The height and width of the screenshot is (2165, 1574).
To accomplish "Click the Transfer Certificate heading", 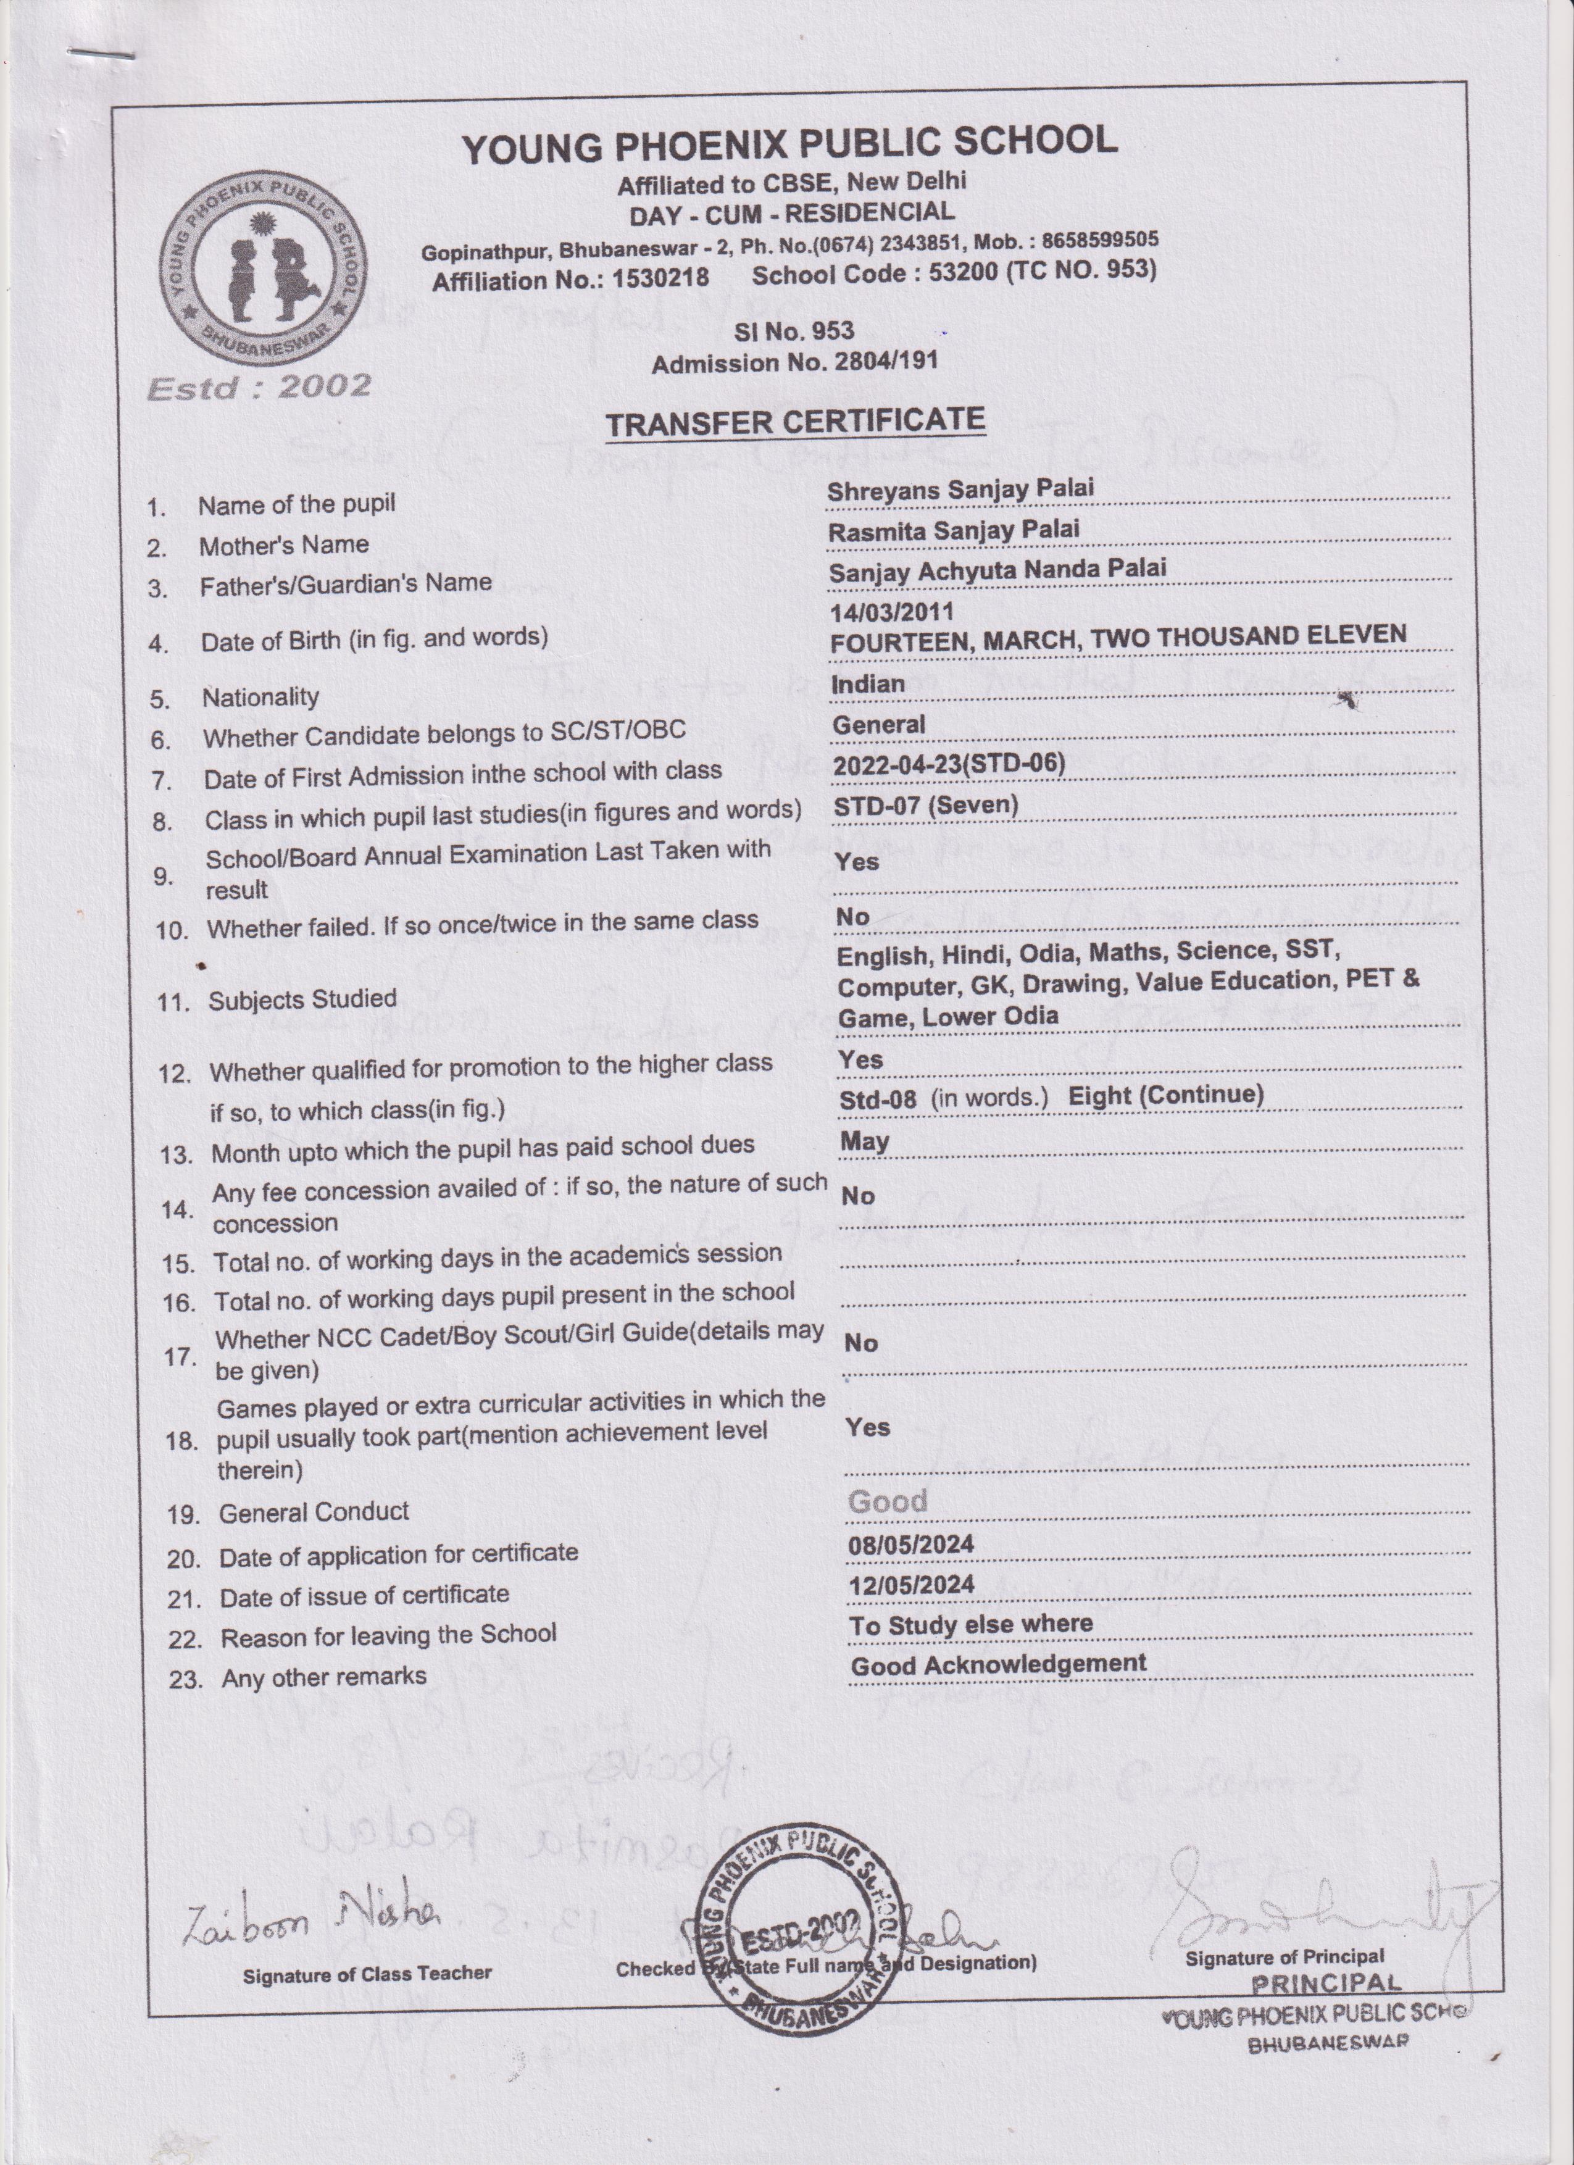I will click(x=795, y=422).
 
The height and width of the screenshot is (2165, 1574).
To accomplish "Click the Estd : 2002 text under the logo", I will click(x=259, y=386).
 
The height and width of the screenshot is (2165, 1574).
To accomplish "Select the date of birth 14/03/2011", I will click(x=891, y=611).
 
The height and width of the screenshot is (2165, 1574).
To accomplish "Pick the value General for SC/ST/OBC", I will click(x=878, y=725).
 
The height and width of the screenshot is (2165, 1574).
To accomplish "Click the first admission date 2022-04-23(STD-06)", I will click(x=949, y=765).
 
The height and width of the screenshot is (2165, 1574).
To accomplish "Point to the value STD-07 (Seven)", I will click(x=926, y=806).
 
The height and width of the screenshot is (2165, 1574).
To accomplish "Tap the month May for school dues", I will click(x=865, y=1141).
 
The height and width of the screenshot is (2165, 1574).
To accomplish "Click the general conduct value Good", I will click(x=887, y=1501).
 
